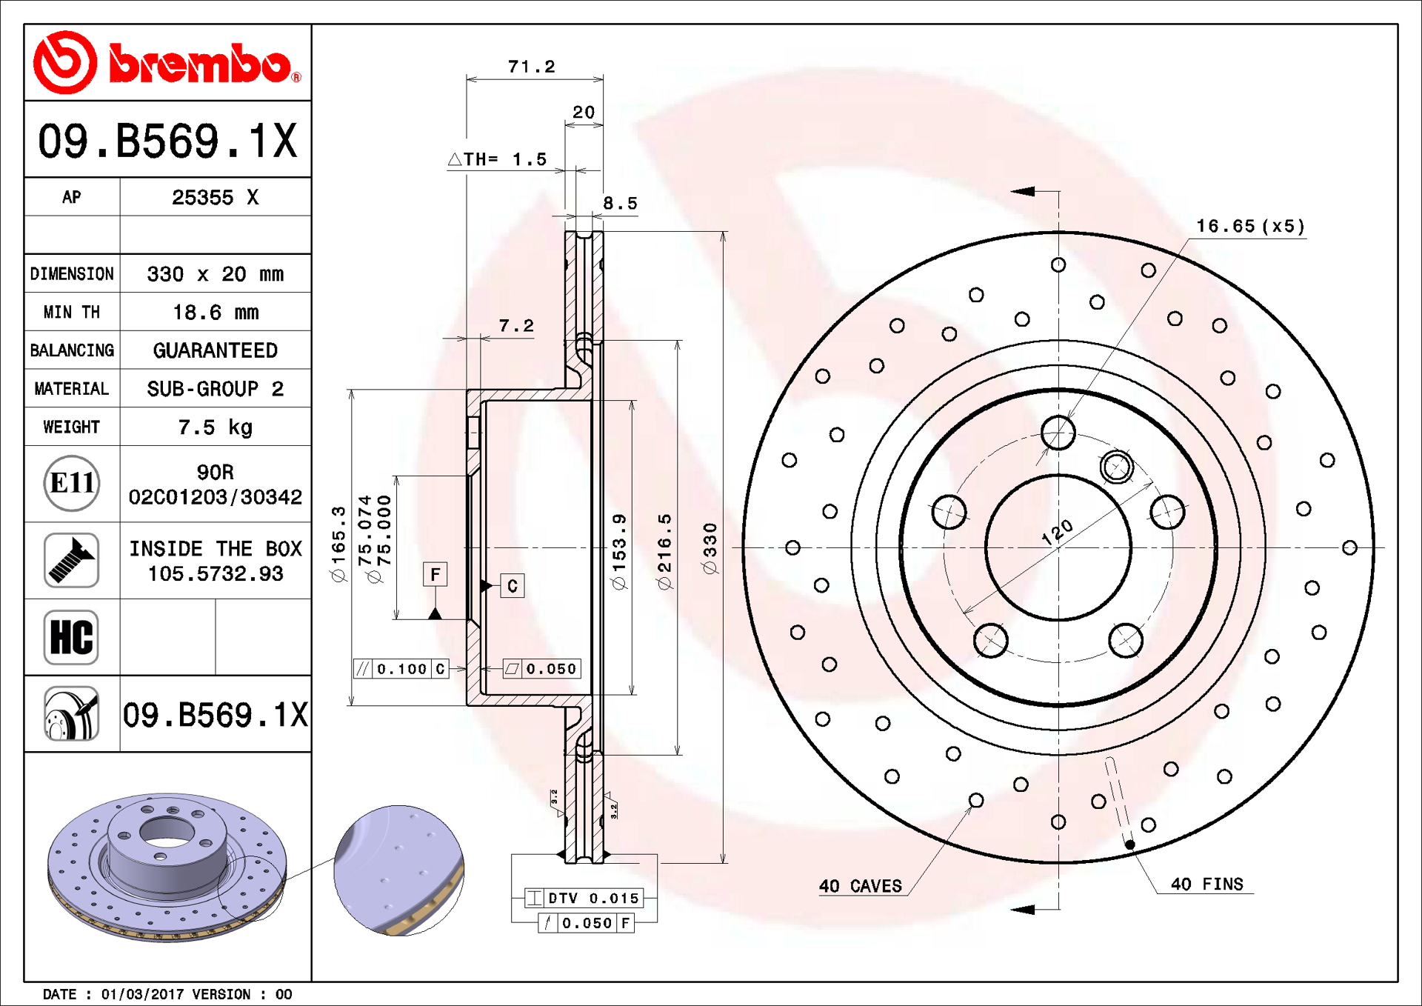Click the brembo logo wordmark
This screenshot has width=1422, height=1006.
click(x=200, y=64)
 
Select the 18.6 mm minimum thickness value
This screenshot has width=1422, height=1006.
click(x=216, y=313)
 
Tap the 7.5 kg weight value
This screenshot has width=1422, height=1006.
click(x=216, y=427)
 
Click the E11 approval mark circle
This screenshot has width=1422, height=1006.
click(x=71, y=484)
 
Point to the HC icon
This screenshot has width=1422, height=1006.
click(x=71, y=637)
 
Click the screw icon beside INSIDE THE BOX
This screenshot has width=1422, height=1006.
click(x=71, y=561)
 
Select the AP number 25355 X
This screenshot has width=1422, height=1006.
click(x=216, y=198)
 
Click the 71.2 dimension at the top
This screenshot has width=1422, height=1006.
click(x=531, y=67)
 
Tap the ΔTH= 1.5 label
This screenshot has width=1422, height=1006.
click(x=498, y=159)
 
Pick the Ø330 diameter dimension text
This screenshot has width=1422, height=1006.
click(x=710, y=548)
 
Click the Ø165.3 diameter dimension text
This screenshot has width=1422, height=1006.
click(x=338, y=544)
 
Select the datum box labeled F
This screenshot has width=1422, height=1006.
click(x=435, y=574)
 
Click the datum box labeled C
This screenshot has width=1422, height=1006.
click(x=513, y=586)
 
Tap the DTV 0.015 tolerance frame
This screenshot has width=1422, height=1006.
click(x=584, y=898)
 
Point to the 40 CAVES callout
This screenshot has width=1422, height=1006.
click(x=861, y=886)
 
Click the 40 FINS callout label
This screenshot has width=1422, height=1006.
click(x=1206, y=884)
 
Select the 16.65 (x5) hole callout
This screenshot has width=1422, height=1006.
click(x=1250, y=226)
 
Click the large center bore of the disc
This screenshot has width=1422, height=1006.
click(x=1058, y=548)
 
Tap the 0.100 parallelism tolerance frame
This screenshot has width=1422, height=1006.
click(x=401, y=669)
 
